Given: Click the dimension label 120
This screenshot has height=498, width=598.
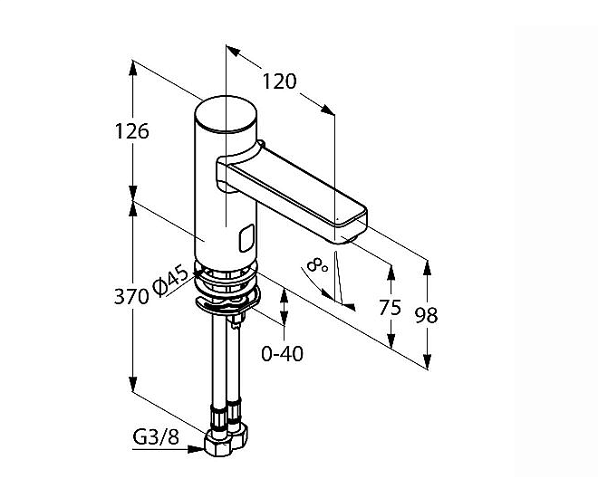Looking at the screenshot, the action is pos(280,81).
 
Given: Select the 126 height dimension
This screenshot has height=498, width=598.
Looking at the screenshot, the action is pos(132,131).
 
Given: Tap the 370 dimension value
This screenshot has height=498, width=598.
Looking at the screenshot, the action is pos(131,296).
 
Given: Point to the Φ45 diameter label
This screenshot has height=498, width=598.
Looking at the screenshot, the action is pos(170,281).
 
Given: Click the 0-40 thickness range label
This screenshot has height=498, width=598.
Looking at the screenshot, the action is pos(282,354).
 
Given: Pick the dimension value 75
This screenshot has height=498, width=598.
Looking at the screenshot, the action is pos(391,307).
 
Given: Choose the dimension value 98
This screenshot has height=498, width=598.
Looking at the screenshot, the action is pos(427,315).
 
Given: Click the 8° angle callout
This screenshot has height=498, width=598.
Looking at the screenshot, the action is pos(317,264).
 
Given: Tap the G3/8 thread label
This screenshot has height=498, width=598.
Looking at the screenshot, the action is pos(156,437).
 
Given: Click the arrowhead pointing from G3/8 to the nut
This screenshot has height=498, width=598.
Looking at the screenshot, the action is pos(197,449).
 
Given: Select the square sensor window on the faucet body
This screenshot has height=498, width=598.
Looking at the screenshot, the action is pos(246,238).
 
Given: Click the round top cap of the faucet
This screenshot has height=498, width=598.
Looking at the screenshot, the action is pos(226,114).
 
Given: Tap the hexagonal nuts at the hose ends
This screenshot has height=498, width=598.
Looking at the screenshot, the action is pos(226,441).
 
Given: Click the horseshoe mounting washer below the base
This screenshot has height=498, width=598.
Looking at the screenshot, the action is pos(228,302).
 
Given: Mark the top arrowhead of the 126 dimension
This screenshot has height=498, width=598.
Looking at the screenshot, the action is pos(132,68).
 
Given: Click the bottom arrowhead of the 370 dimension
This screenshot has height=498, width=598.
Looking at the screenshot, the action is pos(132,384).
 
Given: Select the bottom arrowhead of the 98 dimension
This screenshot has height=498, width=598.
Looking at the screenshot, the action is pos(427,361).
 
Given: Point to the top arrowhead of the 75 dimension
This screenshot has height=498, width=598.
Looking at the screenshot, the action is pos(391,273).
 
